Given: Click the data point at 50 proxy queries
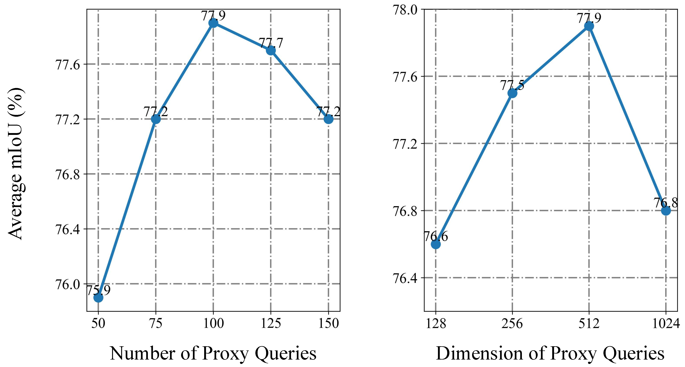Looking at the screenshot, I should (x=98, y=298).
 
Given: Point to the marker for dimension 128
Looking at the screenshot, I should (x=436, y=244).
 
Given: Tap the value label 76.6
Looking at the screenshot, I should (x=436, y=236).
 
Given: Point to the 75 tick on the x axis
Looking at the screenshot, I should (x=155, y=324).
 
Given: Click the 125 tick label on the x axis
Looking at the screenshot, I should (x=271, y=324).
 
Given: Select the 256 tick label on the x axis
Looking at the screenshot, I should (x=512, y=324).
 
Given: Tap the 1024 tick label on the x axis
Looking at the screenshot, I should (x=666, y=324).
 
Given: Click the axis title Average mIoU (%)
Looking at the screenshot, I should (x=16, y=164).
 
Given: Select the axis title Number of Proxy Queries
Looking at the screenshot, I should (x=213, y=353).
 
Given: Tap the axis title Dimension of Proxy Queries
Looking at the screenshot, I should (x=550, y=353).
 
